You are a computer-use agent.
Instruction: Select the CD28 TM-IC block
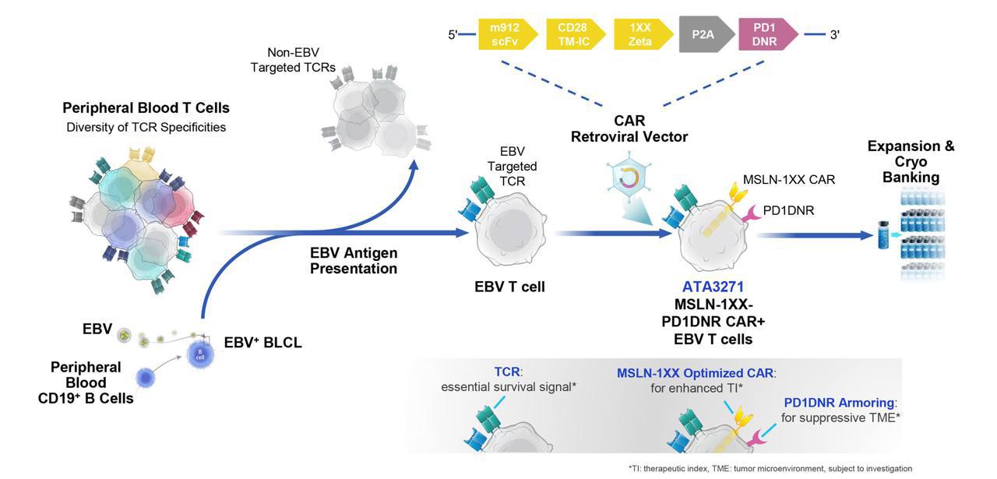pos(572,35)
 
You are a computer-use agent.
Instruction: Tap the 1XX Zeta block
pos(641,35)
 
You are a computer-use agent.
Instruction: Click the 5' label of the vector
pos(453,35)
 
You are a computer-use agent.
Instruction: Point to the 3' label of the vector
pos(834,35)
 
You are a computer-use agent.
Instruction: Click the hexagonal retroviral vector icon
pos(627,181)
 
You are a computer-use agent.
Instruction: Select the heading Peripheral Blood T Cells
pos(146,108)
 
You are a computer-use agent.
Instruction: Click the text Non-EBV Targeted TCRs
pos(293,61)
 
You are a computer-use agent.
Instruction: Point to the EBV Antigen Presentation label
pos(354,261)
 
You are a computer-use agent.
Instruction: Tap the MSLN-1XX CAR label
pos(789,180)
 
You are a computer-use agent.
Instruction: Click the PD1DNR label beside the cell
pos(788,210)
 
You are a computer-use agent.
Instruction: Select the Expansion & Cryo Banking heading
pos(911,161)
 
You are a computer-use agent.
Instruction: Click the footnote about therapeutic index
pos(759,468)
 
